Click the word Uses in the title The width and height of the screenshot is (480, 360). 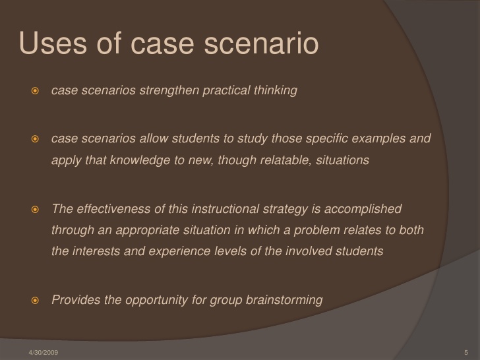[53, 43]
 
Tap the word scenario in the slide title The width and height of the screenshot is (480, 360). [261, 44]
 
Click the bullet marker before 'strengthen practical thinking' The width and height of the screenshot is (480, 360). [35, 90]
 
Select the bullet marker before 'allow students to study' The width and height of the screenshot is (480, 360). [35, 138]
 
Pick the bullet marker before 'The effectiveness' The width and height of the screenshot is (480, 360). [35, 210]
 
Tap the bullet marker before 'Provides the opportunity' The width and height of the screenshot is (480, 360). [35, 300]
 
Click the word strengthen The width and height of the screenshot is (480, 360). [169, 90]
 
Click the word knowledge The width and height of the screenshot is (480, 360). [140, 160]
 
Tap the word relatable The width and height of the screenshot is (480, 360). [286, 160]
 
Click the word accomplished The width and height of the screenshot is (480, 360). [363, 210]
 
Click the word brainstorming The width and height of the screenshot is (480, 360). [284, 300]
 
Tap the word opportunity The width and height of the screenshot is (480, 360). [156, 300]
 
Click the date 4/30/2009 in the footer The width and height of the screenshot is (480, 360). [43, 352]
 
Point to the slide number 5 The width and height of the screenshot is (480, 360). [466, 352]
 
